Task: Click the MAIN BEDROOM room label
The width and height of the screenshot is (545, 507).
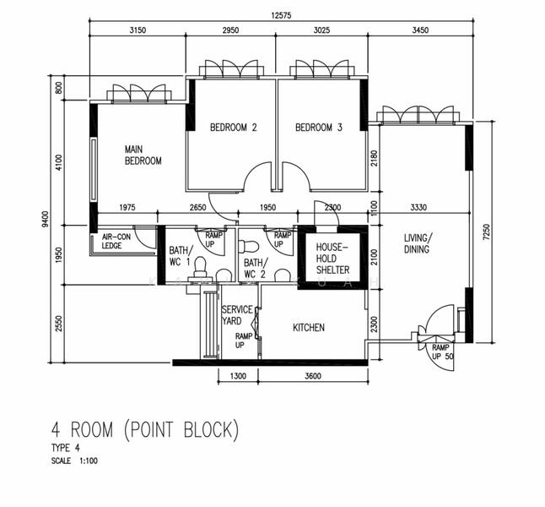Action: point(143,155)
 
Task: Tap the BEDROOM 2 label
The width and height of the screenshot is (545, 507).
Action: point(233,128)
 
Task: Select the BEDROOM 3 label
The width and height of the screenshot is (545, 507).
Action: point(319,128)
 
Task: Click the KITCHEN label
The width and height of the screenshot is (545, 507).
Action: point(309,328)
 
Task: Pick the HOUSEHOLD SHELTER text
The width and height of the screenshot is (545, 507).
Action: point(332,258)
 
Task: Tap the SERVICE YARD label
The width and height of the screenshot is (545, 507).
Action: point(237,315)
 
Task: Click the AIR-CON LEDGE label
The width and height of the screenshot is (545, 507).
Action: point(117,242)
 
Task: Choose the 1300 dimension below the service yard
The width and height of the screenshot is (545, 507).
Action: point(240,377)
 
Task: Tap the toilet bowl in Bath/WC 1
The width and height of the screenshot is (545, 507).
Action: point(200,267)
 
